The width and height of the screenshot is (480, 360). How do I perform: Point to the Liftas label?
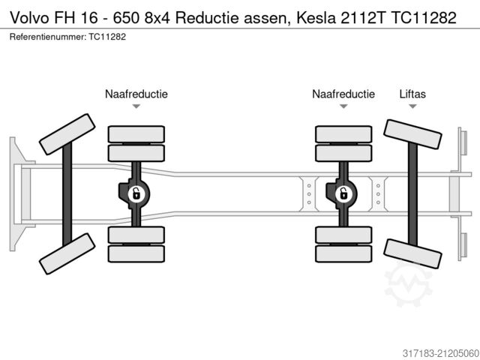click(412, 94)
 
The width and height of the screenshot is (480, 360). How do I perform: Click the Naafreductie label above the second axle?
click(136, 94)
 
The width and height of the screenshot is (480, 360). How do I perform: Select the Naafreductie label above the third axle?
click(343, 94)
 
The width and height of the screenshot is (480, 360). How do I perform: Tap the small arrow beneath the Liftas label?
click(412, 106)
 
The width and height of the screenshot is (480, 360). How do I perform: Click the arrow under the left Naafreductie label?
click(136, 106)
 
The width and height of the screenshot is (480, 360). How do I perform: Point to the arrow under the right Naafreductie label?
click(343, 106)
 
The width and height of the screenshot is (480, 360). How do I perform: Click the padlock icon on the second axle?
click(136, 194)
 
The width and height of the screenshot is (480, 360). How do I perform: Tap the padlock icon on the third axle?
click(343, 194)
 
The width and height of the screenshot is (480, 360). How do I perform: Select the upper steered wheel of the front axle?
click(67, 134)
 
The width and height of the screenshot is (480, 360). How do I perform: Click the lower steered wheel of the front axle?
click(67, 253)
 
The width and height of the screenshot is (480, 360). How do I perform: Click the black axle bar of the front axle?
click(67, 193)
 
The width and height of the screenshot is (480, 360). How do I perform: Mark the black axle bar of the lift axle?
click(412, 193)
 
